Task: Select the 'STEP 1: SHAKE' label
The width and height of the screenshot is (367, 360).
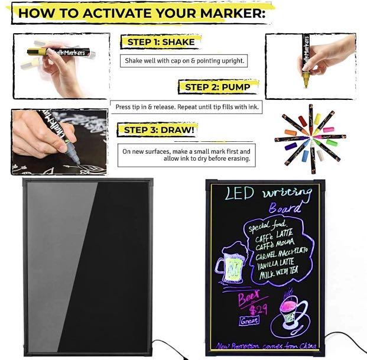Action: click(x=157, y=42)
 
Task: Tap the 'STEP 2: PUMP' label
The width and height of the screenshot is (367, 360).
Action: click(x=217, y=87)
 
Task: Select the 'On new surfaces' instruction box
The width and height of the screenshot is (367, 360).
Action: click(x=186, y=155)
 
